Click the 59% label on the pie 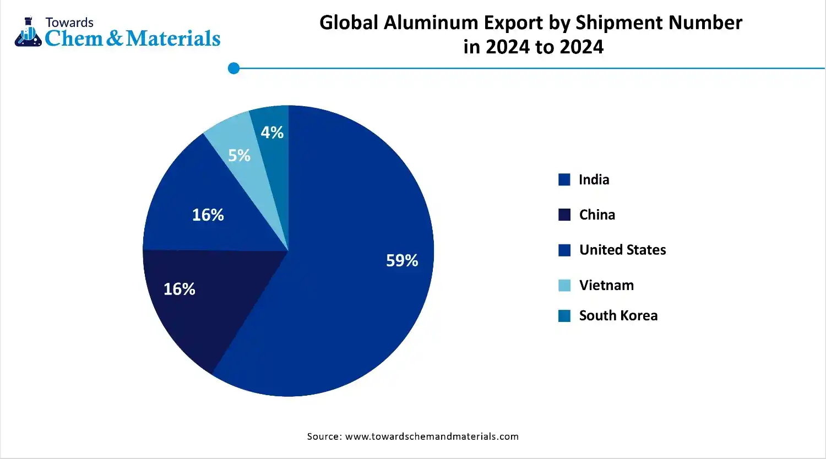tap(402, 260)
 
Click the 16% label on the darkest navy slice tap(180, 289)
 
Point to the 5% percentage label tap(239, 156)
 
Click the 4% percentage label tap(272, 133)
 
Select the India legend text tap(594, 180)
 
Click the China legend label tap(597, 215)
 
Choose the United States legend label tap(622, 250)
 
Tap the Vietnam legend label tap(606, 285)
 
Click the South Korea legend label tap(618, 315)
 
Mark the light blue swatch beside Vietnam tap(564, 285)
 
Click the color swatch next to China tap(564, 215)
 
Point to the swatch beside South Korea tap(564, 315)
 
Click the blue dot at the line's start tap(234, 68)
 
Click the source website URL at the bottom tap(432, 436)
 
